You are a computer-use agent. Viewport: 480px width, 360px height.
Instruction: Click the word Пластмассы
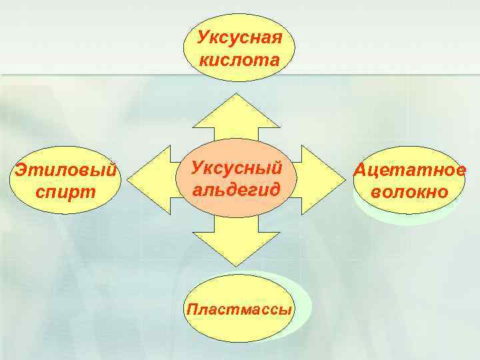240,310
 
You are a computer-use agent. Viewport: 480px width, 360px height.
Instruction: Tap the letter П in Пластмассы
193,309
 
